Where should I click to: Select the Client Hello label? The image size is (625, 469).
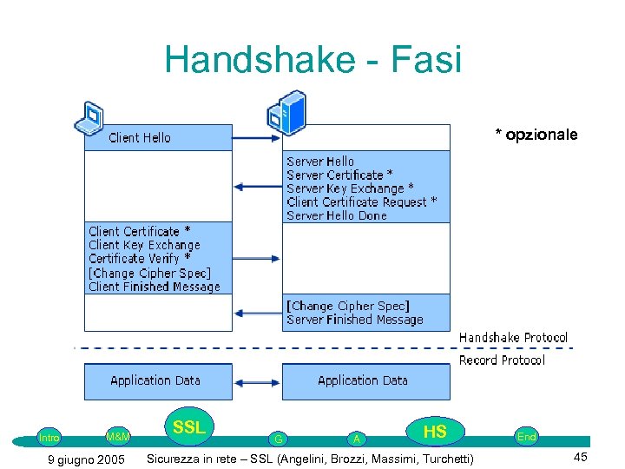[x=140, y=138]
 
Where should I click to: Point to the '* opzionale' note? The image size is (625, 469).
[x=536, y=135]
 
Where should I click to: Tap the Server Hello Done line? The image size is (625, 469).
[x=337, y=215]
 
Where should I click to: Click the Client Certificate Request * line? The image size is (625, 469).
[x=362, y=201]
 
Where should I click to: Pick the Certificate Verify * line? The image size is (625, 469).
[x=140, y=259]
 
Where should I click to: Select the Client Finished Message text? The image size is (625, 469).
[x=155, y=287]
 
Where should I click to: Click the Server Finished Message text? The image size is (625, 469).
[x=355, y=320]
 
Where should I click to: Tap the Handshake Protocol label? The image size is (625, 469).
[x=513, y=337]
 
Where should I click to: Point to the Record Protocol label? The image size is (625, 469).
[x=502, y=360]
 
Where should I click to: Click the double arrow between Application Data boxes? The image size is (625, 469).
[x=257, y=380]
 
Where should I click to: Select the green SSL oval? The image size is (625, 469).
[x=188, y=427]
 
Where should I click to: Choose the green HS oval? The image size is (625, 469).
[x=435, y=432]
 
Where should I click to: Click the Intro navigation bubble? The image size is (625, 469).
[x=49, y=438]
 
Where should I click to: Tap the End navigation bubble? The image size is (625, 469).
[x=526, y=437]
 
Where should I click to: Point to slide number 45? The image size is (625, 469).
[x=581, y=458]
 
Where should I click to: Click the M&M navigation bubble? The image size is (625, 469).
[x=117, y=435]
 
